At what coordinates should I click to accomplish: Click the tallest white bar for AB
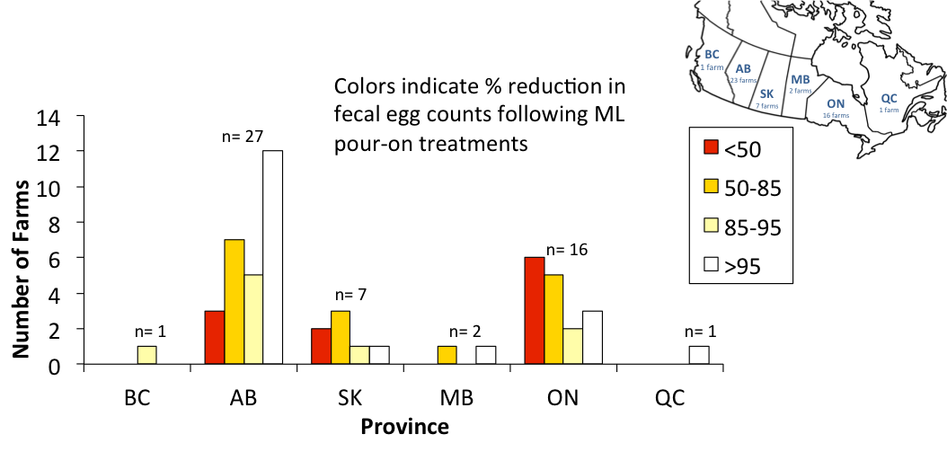click(272, 257)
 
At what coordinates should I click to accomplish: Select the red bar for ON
click(535, 311)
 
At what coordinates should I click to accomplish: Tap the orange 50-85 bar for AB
click(234, 302)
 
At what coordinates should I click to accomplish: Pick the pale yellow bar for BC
click(147, 356)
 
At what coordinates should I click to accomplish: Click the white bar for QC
click(699, 356)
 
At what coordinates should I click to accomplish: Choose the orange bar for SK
click(341, 338)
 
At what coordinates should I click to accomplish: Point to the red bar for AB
click(214, 338)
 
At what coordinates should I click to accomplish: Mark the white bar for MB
click(486, 356)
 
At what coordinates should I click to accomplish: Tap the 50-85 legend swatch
click(711, 186)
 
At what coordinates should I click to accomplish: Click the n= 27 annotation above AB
click(243, 137)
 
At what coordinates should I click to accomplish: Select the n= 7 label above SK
click(351, 294)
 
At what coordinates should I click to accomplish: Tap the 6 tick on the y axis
click(65, 259)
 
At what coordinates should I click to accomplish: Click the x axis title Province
click(404, 426)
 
